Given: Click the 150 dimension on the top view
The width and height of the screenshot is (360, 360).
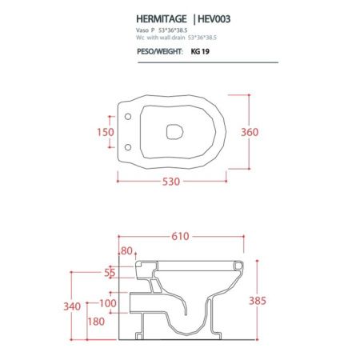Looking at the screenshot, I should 106,131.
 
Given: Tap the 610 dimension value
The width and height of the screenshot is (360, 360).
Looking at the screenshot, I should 181,236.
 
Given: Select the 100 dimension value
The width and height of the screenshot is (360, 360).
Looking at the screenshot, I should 108,302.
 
